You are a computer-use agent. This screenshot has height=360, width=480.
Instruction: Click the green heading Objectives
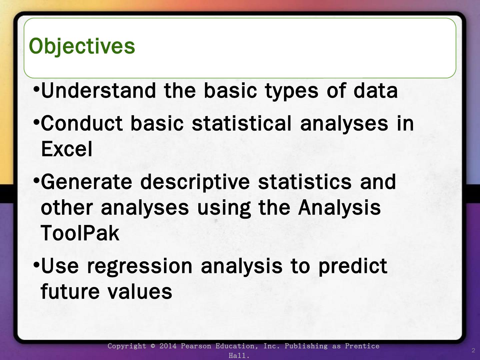point(82,46)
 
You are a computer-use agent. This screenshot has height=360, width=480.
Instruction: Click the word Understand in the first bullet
point(98,90)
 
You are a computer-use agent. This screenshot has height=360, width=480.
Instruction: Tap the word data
point(375,90)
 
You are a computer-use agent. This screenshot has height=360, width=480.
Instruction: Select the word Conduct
point(82,123)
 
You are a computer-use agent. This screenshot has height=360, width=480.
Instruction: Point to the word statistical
point(242,123)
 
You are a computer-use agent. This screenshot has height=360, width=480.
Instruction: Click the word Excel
point(67,149)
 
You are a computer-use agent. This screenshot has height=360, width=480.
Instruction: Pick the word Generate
point(87,182)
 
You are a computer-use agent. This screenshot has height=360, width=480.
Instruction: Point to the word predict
point(353,267)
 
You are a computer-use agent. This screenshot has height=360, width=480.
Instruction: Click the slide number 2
point(473,350)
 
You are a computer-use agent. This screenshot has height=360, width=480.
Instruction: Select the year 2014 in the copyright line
point(168,346)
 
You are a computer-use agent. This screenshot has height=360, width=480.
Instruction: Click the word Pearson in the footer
point(196,346)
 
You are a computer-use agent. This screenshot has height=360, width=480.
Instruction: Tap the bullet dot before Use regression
point(36,265)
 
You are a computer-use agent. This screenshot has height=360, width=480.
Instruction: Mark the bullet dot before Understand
point(36,89)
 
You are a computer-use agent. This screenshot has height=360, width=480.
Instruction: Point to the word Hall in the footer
point(237,356)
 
